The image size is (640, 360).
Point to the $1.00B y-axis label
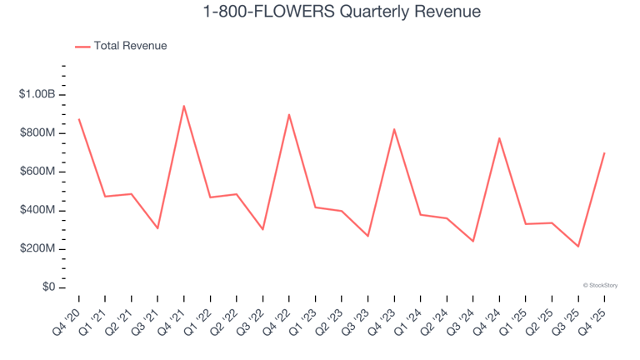point(37,95)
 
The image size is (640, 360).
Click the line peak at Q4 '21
point(183,106)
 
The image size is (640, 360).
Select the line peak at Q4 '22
point(289,115)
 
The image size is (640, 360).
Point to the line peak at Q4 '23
point(394,129)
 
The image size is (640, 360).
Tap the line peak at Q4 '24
point(499,138)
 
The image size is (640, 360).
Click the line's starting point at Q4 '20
point(78,119)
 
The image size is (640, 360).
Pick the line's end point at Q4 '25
point(604,153)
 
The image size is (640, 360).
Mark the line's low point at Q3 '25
point(578,247)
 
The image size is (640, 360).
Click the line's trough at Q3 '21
point(157,228)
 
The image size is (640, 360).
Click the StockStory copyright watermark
point(600,285)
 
